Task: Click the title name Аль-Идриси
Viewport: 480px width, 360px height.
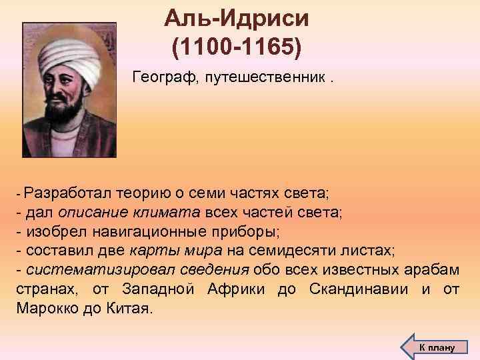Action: tap(236, 17)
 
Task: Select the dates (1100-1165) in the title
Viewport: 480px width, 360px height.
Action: tap(236, 48)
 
